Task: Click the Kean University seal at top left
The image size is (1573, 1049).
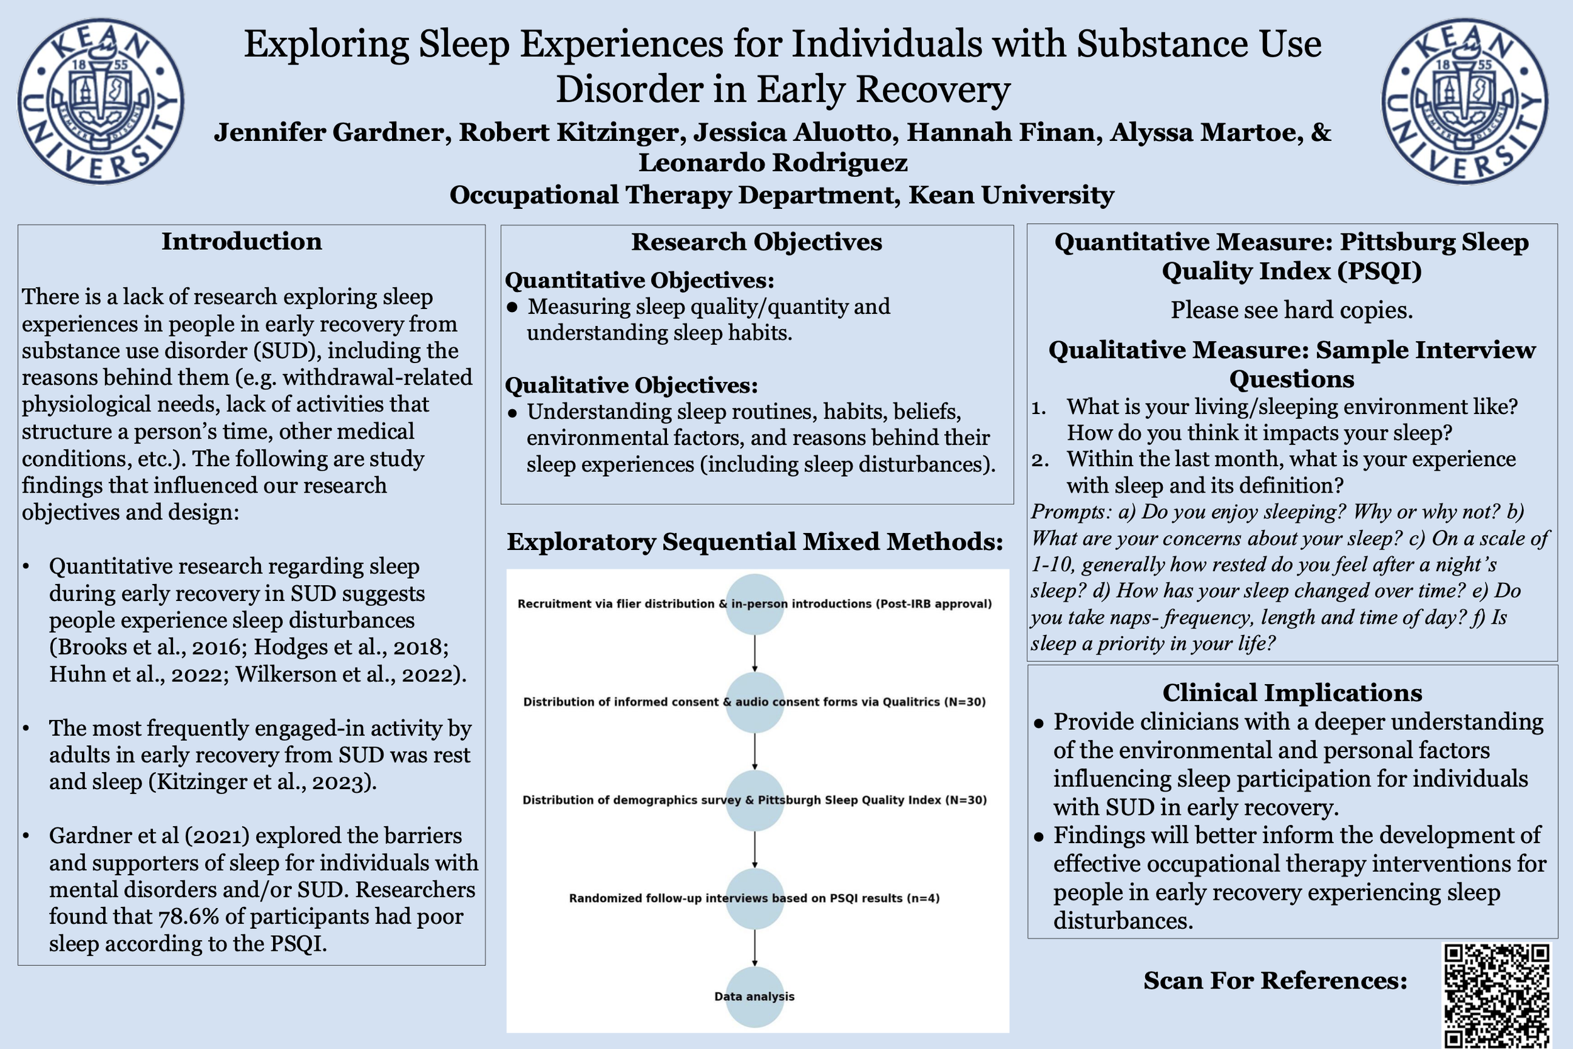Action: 100,102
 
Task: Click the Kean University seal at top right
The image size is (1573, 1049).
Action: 1465,102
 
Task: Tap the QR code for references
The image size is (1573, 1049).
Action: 1497,996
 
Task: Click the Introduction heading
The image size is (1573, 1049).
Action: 242,242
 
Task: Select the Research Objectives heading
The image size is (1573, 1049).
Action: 756,242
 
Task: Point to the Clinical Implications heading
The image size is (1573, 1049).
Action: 1292,692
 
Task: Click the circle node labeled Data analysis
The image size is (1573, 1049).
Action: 754,996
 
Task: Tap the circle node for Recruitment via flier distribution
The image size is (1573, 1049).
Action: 754,603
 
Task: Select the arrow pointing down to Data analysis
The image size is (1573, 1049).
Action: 754,948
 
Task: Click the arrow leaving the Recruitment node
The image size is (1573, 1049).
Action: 754,653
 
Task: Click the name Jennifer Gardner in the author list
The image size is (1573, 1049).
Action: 328,133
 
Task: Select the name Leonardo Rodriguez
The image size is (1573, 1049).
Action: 773,162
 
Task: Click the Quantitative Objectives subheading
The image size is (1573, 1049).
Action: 639,280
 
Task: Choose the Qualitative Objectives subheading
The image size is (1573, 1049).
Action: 631,385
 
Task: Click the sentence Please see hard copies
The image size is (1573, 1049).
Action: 1292,310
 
